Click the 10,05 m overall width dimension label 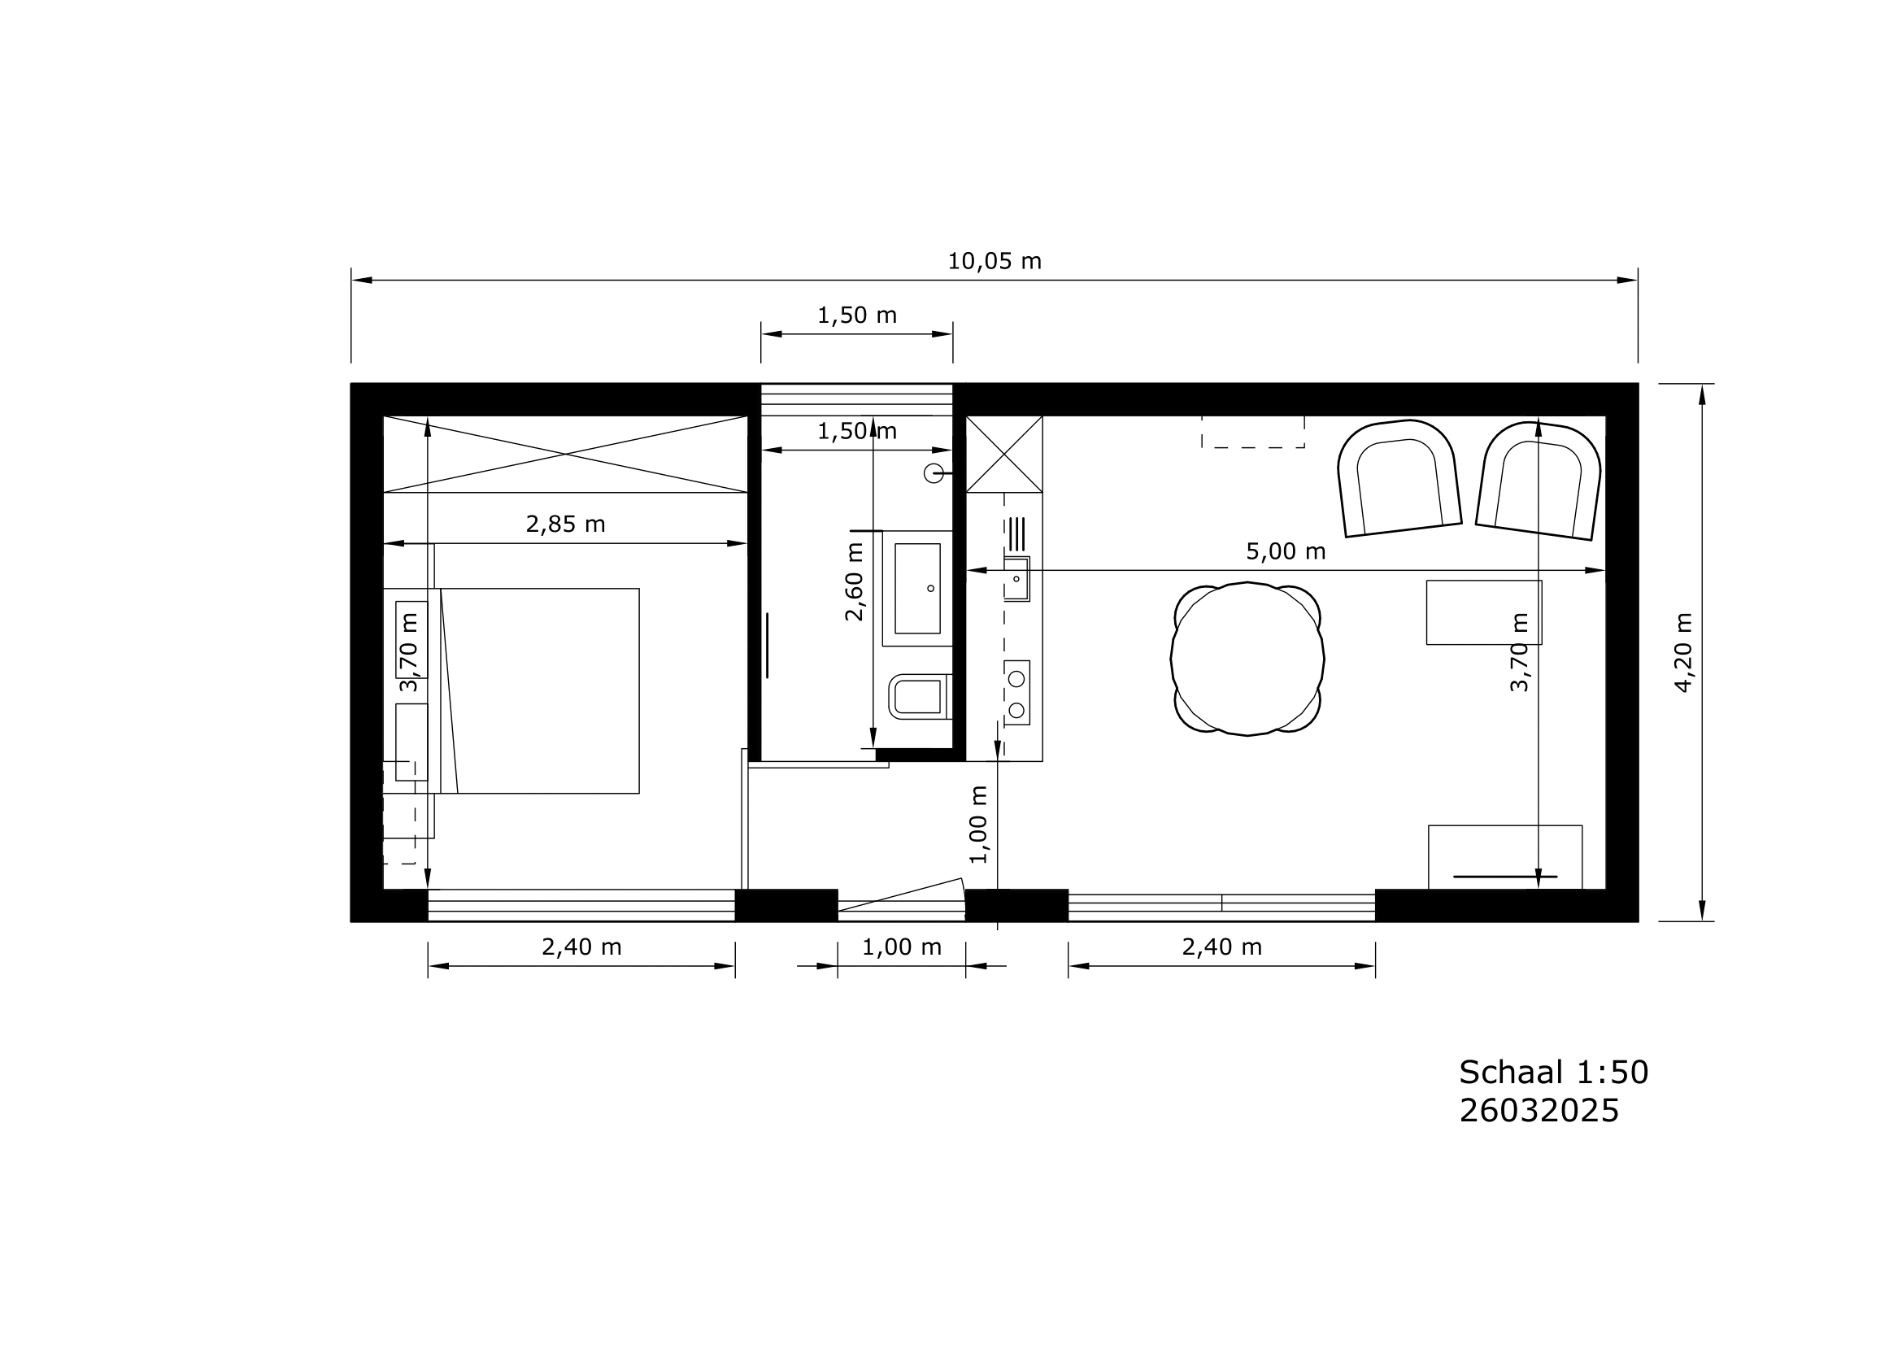[994, 262]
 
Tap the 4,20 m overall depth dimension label [1683, 653]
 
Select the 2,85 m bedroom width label [566, 525]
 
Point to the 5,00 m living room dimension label [1286, 551]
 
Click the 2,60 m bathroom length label [854, 581]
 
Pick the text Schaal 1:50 [1554, 1073]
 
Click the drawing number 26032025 [1539, 1112]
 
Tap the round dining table [1247, 659]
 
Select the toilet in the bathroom [921, 697]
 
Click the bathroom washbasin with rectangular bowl [917, 588]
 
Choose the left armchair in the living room [1399, 478]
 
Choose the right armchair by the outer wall [1539, 481]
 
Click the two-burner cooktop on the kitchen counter [1016, 693]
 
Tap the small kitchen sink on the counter [1016, 578]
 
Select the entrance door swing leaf [901, 894]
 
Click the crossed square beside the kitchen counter [1004, 454]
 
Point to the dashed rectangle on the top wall [1253, 432]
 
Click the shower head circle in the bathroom [934, 473]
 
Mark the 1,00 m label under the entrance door [902, 947]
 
